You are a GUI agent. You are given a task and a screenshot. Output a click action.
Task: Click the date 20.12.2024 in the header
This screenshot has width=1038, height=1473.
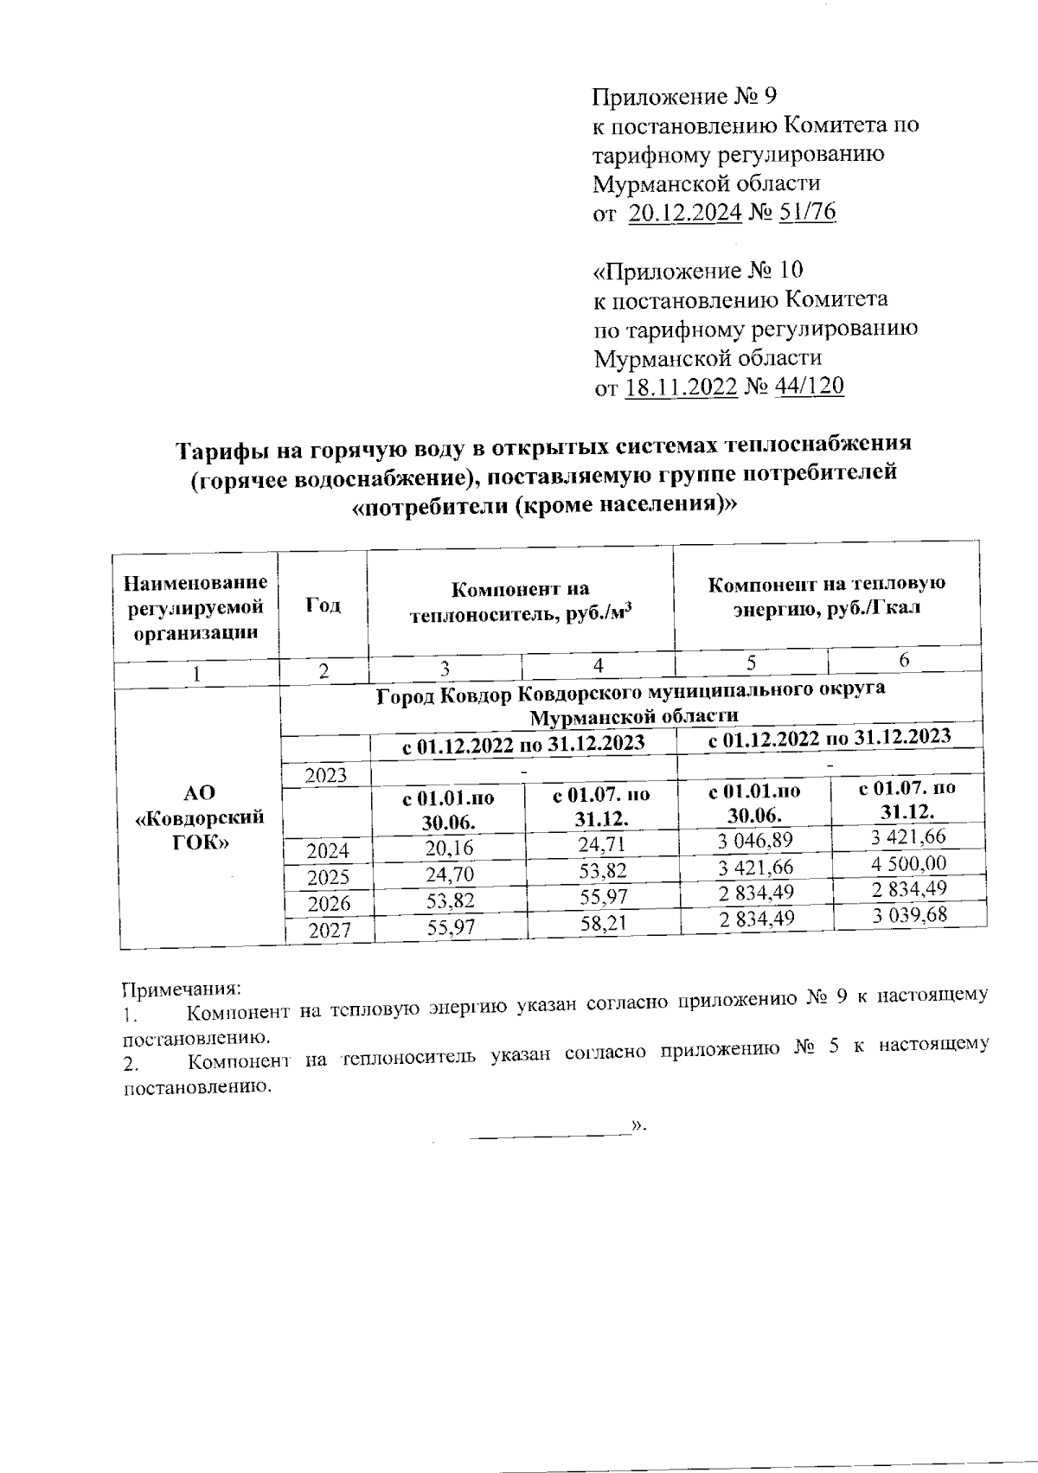(x=684, y=213)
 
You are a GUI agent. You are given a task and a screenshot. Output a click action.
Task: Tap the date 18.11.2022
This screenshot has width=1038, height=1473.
(x=681, y=387)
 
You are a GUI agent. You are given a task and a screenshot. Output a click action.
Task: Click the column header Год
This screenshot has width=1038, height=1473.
(x=323, y=605)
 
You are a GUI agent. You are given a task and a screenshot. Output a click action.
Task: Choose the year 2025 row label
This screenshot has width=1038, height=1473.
(x=329, y=877)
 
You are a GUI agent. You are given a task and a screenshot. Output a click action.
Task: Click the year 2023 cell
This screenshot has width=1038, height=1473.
(x=325, y=775)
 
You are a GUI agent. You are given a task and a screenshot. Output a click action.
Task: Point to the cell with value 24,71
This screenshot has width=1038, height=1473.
(x=602, y=844)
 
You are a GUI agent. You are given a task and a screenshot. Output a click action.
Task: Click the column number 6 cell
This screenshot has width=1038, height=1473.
(x=904, y=660)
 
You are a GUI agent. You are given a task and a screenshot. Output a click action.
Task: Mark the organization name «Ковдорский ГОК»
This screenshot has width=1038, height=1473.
(x=202, y=817)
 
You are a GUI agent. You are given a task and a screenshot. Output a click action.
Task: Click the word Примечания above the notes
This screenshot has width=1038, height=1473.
(x=179, y=988)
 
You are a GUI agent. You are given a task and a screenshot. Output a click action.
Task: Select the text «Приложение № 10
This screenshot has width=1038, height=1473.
(x=698, y=271)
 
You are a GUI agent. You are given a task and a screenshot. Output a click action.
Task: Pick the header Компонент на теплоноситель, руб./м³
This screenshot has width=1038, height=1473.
(x=521, y=602)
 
